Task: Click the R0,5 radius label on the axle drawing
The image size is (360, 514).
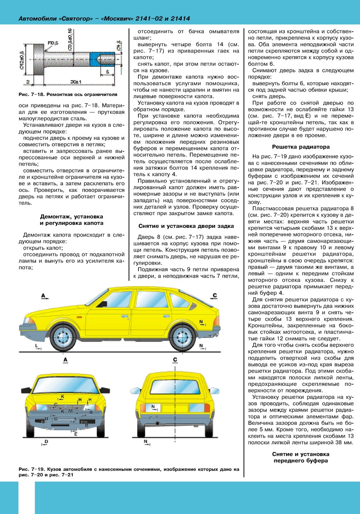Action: click(x=53, y=43)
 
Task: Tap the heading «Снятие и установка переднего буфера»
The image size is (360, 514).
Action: click(x=300, y=457)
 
